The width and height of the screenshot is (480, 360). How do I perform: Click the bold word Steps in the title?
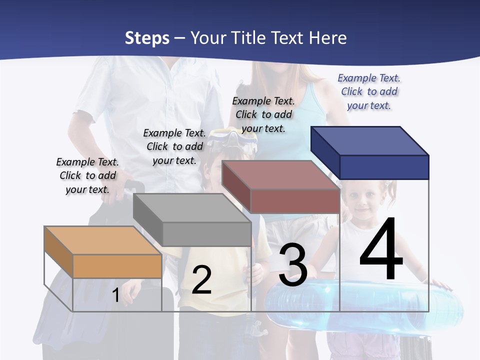coord(147,38)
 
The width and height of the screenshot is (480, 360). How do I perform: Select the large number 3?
coord(293,265)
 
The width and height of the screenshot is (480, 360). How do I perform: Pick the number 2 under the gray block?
coord(201,280)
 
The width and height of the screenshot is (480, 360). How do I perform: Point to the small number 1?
coord(115,295)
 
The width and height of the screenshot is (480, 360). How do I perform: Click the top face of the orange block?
coord(102,240)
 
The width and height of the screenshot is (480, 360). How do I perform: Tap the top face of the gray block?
coord(192,207)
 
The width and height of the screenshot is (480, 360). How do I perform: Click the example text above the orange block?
coord(87,175)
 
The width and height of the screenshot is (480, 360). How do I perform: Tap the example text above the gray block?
coord(174,146)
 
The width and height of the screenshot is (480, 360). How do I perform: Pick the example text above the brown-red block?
coord(263,114)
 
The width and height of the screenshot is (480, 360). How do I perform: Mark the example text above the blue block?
coord(369,91)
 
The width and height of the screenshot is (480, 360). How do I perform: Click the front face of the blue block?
coord(384,167)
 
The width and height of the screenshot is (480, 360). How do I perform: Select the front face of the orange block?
coord(117,266)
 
